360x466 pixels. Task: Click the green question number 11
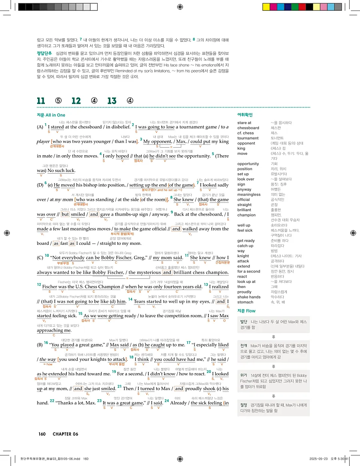[41, 101]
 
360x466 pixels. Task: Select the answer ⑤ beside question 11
[58, 101]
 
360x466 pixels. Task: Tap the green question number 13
[112, 101]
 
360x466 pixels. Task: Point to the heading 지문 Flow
[246, 311]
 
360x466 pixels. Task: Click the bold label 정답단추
[44, 53]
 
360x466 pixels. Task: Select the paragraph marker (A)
[40, 127]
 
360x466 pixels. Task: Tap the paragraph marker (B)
[40, 344]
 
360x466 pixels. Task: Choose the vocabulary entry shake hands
[249, 297]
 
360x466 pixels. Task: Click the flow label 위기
[244, 375]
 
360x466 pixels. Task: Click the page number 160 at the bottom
[42, 434]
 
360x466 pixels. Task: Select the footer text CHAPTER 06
[66, 434]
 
